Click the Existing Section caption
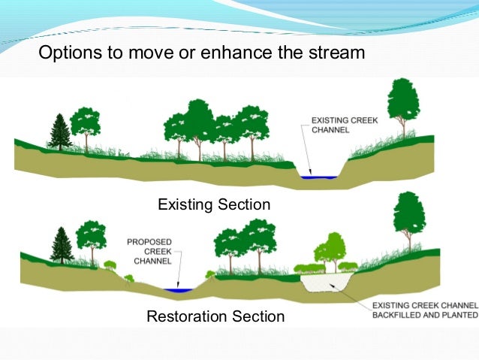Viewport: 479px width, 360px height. pos(213,204)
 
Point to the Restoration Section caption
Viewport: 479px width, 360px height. pos(215,316)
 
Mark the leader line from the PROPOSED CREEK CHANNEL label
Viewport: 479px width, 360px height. pos(171,275)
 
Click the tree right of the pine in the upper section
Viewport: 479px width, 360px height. pos(86,125)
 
